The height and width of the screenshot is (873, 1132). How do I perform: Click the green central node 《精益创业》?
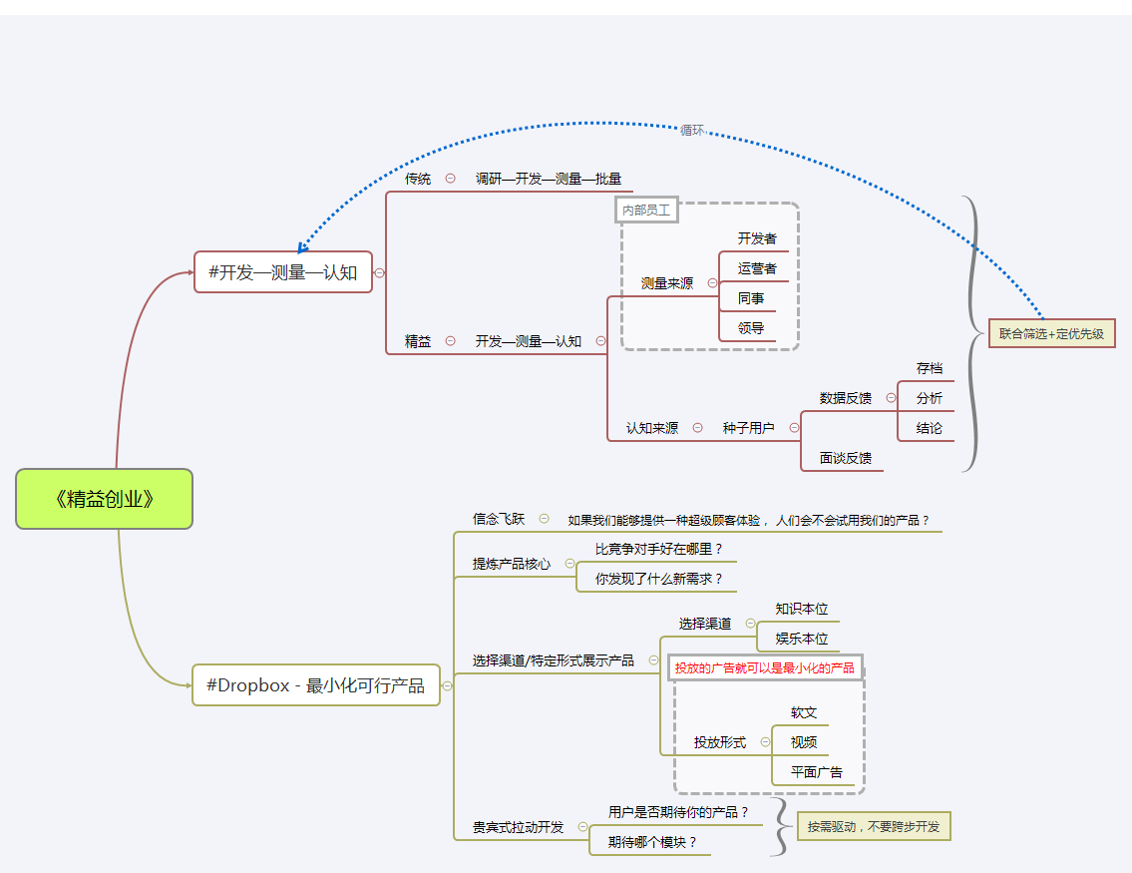pyautogui.click(x=104, y=499)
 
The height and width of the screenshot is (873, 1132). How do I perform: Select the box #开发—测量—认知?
pyautogui.click(x=283, y=271)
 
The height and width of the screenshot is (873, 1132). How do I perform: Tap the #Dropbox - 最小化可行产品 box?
pyautogui.click(x=315, y=685)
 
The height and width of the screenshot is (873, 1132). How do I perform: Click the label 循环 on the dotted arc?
pyautogui.click(x=691, y=130)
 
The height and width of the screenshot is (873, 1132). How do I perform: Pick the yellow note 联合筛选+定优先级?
pyautogui.click(x=1051, y=334)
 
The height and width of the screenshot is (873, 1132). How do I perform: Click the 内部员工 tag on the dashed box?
pyautogui.click(x=646, y=210)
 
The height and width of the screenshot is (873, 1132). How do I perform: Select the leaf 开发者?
pyautogui.click(x=757, y=239)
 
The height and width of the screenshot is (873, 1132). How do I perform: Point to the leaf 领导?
pyautogui.click(x=751, y=328)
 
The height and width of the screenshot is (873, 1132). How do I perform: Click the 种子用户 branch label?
pyautogui.click(x=748, y=428)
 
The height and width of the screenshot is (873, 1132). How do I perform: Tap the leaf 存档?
pyautogui.click(x=930, y=368)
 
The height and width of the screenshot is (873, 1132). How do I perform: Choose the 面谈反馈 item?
pyautogui.click(x=846, y=458)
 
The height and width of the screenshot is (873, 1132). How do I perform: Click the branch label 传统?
pyautogui.click(x=418, y=179)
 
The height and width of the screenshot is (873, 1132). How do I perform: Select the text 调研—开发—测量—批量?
pyautogui.click(x=549, y=179)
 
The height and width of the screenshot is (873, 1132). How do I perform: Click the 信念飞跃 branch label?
pyautogui.click(x=499, y=519)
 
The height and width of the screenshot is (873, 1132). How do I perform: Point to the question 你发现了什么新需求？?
pyautogui.click(x=659, y=579)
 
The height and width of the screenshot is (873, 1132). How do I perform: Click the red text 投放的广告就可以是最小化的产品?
pyautogui.click(x=764, y=667)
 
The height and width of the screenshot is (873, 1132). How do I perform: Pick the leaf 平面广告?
pyautogui.click(x=816, y=772)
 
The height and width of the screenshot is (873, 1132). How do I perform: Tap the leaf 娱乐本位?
pyautogui.click(x=802, y=639)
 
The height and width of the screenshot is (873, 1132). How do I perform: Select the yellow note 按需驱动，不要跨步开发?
pyautogui.click(x=874, y=826)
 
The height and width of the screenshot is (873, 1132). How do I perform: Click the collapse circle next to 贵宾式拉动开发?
pyautogui.click(x=582, y=826)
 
